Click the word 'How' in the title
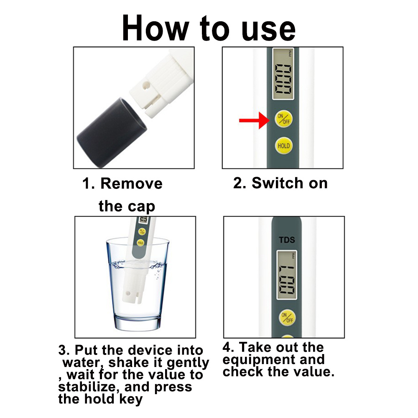click(x=155, y=28)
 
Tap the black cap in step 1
click(x=112, y=133)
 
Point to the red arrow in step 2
click(x=254, y=120)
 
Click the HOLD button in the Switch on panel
click(x=283, y=145)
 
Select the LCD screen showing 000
click(x=283, y=74)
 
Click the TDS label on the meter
click(x=287, y=240)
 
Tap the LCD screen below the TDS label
click(x=287, y=275)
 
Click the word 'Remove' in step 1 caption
click(x=131, y=184)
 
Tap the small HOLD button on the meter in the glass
click(x=140, y=242)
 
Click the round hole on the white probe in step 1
click(x=146, y=86)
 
